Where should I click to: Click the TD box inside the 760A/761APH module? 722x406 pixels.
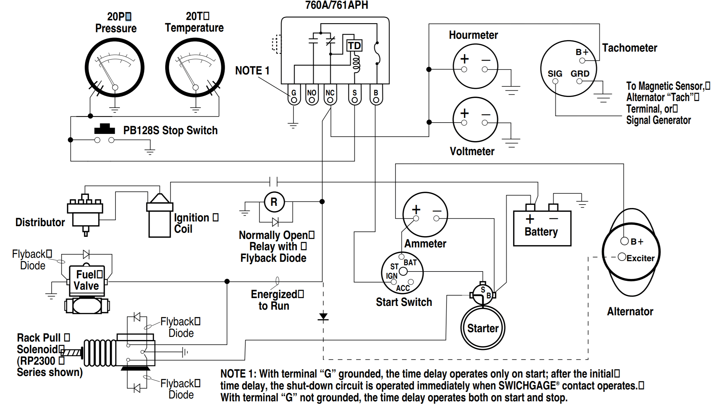pyautogui.click(x=354, y=46)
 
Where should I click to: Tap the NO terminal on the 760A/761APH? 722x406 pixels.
pyautogui.click(x=312, y=100)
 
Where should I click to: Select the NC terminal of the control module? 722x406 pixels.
pyautogui.click(x=330, y=100)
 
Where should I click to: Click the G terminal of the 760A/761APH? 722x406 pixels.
pyautogui.click(x=294, y=100)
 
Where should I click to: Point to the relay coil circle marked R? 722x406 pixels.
pyautogui.click(x=274, y=202)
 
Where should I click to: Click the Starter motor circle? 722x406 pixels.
pyautogui.click(x=483, y=328)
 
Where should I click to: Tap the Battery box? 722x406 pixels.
pyautogui.click(x=542, y=228)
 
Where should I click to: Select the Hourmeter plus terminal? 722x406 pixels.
pyautogui.click(x=464, y=69)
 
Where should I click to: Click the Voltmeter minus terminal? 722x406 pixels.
pyautogui.click(x=485, y=123)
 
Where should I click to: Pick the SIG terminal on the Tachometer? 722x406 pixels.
pyautogui.click(x=555, y=81)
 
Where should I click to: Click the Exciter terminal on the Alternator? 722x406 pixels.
pyautogui.click(x=622, y=257)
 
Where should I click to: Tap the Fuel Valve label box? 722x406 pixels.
pyautogui.click(x=86, y=280)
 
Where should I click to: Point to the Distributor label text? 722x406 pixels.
pyautogui.click(x=40, y=222)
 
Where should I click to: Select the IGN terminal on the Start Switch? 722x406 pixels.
pyautogui.click(x=394, y=282)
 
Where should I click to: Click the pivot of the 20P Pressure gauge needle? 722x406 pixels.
pyautogui.click(x=115, y=88)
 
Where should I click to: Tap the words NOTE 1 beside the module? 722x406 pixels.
pyautogui.click(x=252, y=71)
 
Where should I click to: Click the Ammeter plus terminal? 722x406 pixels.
pyautogui.click(x=416, y=219)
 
